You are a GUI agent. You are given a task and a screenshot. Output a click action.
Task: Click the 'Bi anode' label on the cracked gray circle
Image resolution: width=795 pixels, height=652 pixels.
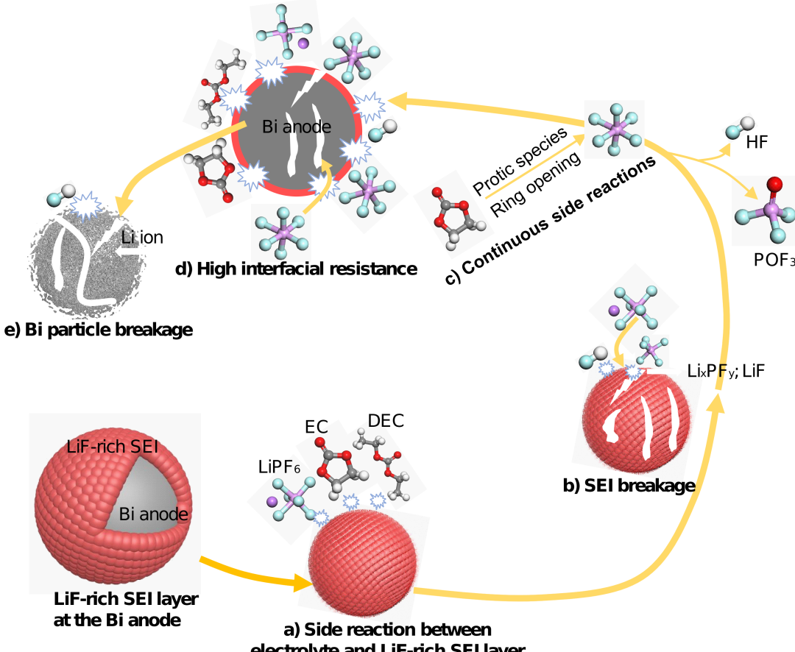point(296,127)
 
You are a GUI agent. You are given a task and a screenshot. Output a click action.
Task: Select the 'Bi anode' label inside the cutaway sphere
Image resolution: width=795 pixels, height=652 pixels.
point(153,514)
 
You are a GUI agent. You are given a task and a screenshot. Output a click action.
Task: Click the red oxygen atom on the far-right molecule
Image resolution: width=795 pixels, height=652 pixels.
point(774,184)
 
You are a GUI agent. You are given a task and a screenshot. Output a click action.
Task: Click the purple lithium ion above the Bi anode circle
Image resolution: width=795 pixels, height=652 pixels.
point(303,44)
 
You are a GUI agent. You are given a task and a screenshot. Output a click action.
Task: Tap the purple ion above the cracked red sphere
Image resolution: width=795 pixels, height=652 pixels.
point(614,311)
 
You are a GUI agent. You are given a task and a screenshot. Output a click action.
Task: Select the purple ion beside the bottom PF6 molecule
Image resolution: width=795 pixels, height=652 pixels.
point(272,501)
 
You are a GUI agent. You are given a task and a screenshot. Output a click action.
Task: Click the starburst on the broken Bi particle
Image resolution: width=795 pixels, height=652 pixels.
point(87,206)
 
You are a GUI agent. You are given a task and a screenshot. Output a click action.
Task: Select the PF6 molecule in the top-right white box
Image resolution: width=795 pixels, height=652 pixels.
point(615,130)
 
